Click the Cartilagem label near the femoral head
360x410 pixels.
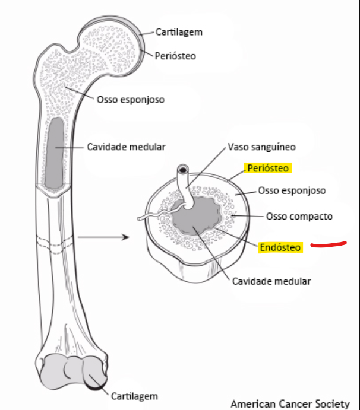[178, 31]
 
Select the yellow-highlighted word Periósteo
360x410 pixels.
[268, 168]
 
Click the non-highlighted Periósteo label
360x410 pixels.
[175, 56]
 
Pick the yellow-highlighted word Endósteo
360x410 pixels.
[280, 247]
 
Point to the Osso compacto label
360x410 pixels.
[299, 216]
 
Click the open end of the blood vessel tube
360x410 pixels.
[181, 170]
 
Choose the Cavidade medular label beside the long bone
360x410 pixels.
[126, 147]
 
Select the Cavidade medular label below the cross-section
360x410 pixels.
[271, 281]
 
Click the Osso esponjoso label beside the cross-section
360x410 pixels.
[292, 190]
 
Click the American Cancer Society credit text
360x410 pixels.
[290, 403]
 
